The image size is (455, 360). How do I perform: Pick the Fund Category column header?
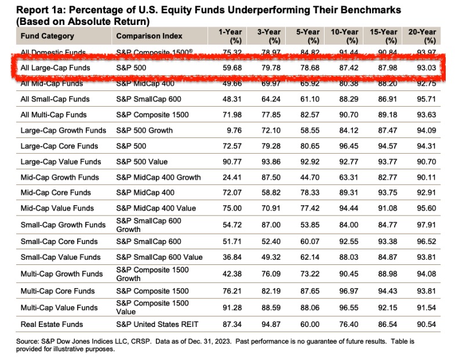point(48,36)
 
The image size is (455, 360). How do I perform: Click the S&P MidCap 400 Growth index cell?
point(158,177)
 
